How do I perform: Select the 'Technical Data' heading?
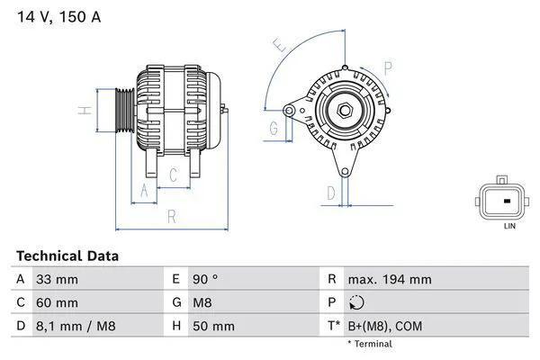point(67,256)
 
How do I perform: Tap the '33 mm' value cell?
point(55,280)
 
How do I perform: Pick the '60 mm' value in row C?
point(56,303)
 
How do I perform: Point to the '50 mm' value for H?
point(211,326)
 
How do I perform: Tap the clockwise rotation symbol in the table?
point(359,303)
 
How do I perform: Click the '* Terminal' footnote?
point(370,345)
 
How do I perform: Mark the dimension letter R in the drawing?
point(172,216)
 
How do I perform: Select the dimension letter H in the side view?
point(82,112)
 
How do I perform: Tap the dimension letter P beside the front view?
point(388,66)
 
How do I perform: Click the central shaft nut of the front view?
point(344,111)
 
